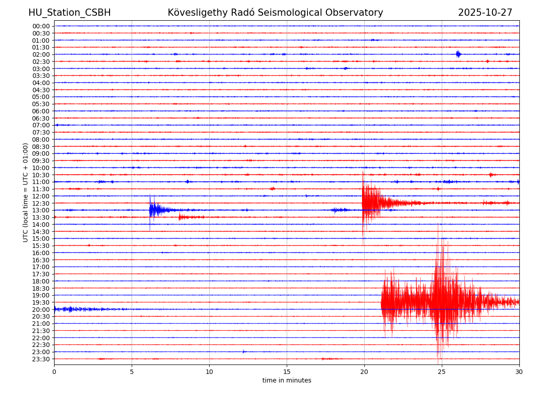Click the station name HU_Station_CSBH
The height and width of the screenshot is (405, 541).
(69, 13)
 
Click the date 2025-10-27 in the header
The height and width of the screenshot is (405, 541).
(485, 13)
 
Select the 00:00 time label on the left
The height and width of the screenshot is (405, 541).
(41, 26)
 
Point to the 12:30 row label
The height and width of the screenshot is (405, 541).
(41, 203)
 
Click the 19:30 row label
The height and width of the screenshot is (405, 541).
(41, 302)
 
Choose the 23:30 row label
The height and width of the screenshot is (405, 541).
(41, 359)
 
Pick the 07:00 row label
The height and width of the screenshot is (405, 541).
(41, 125)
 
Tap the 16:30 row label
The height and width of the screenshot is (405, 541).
(41, 260)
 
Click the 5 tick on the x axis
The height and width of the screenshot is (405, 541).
(132, 372)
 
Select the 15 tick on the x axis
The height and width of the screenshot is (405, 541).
(287, 372)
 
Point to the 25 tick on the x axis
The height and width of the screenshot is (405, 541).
(442, 372)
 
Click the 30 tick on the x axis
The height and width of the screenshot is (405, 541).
(519, 372)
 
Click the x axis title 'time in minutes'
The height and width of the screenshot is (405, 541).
(287, 381)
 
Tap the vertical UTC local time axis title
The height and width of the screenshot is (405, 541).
(26, 192)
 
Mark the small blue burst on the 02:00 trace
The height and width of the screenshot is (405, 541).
(458, 54)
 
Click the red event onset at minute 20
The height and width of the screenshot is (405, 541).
(363, 202)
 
